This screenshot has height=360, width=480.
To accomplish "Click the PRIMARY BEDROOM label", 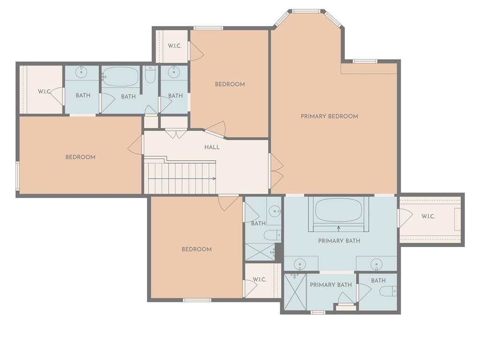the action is pos(330,116).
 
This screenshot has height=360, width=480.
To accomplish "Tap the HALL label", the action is pos(212,147).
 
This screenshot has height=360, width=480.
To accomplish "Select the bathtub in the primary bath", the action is pos(338,210).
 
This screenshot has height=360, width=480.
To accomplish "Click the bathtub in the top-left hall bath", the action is pos(120,77).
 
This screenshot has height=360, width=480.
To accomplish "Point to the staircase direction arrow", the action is pos(180,179).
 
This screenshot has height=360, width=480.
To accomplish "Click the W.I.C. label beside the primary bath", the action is pos(428,217).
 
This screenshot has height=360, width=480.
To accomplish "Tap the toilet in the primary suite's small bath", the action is pos(388,291).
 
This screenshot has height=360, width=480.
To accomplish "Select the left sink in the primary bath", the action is pos(300,264).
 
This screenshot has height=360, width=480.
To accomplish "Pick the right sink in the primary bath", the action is pos(376,264).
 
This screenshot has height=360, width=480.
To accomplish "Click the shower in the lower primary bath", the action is pos(295,292).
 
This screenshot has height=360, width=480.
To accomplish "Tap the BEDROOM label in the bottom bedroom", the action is pos(196,249).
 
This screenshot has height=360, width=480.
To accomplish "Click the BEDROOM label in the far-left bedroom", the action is pos(81,157).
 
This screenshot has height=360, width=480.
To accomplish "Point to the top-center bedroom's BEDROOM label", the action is pos(230,84).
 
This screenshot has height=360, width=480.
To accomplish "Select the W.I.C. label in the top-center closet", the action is pos(174,46).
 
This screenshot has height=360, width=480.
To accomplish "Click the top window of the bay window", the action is pos(307,11).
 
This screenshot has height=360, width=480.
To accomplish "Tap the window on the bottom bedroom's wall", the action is pos(197,300).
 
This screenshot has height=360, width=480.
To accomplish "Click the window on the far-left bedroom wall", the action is pos(17,176).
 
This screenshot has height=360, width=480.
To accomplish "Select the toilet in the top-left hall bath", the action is pos(150,75).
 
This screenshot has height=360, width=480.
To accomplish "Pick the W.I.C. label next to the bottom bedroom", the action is pos(259,279).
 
